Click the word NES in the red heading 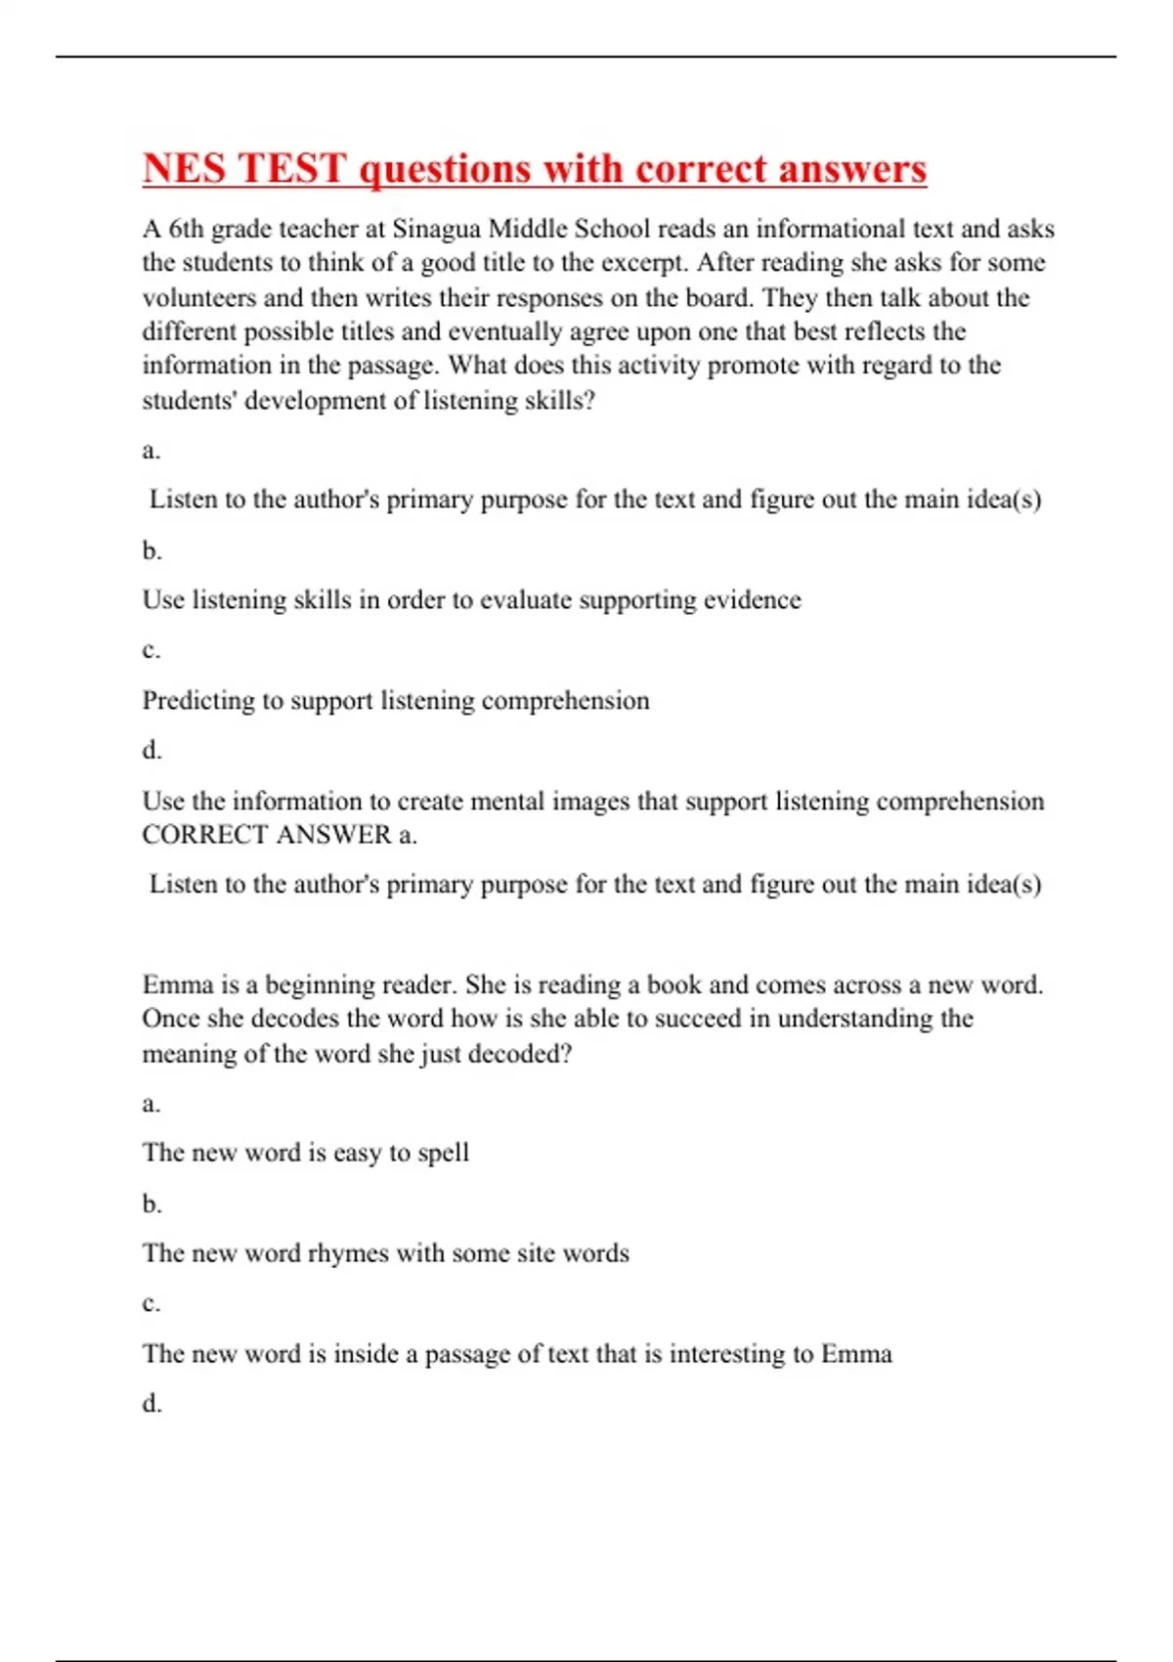(x=185, y=168)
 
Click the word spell (x=443, y=1154)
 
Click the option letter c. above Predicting (x=152, y=650)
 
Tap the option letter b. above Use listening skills (x=152, y=550)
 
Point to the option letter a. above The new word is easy (x=152, y=1104)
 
